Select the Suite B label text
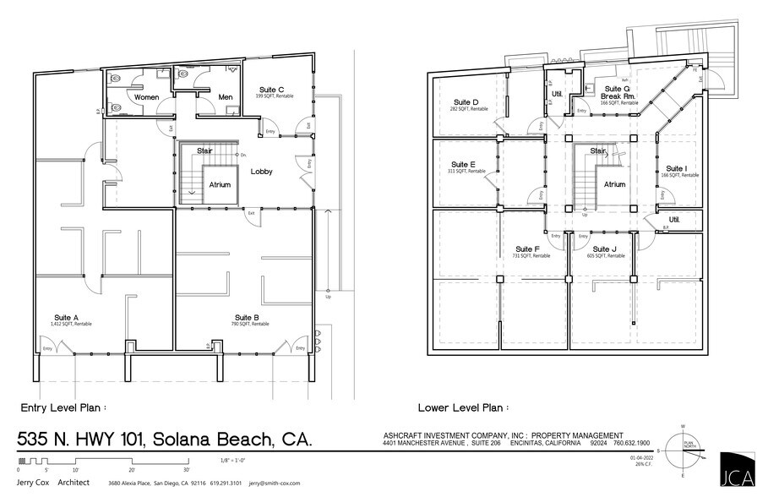coord(247,317)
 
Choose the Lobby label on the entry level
coord(261,171)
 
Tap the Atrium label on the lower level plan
coord(614,183)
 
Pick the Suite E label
coord(463,164)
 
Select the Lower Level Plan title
coord(466,407)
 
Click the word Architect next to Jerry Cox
coord(75,482)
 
